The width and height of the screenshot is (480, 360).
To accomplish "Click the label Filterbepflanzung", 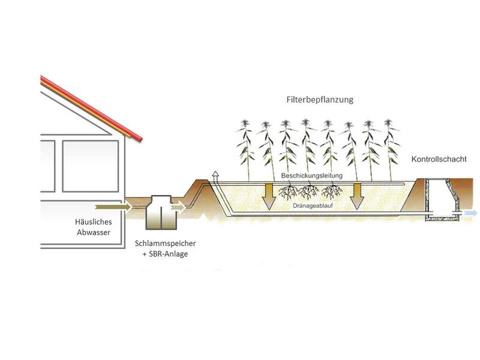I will [x=319, y=100].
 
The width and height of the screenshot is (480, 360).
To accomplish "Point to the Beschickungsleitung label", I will [x=311, y=175].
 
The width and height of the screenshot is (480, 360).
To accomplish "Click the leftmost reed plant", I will [x=244, y=150].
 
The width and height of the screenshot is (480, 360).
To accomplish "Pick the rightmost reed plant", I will [x=391, y=150].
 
